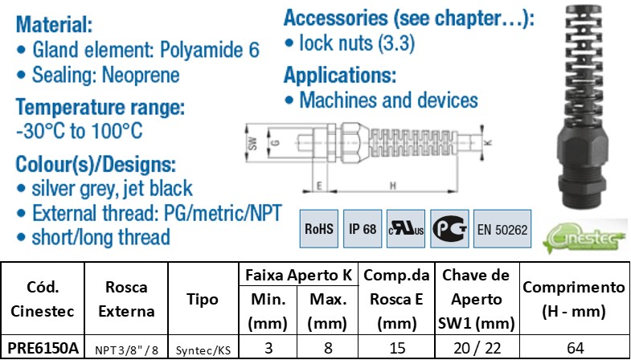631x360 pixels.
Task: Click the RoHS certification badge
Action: pos(319,229)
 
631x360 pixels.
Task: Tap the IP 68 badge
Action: pos(363,229)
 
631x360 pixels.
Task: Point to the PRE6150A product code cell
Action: pos(43,348)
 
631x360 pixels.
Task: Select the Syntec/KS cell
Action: pos(202,349)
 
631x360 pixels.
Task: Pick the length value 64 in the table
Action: pos(575,348)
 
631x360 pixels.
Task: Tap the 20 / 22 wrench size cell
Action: pos(477,348)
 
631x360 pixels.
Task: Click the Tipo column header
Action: pos(202,299)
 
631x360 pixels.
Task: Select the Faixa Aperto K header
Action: pos(299,275)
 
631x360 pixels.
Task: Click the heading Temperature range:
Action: pos(100,108)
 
